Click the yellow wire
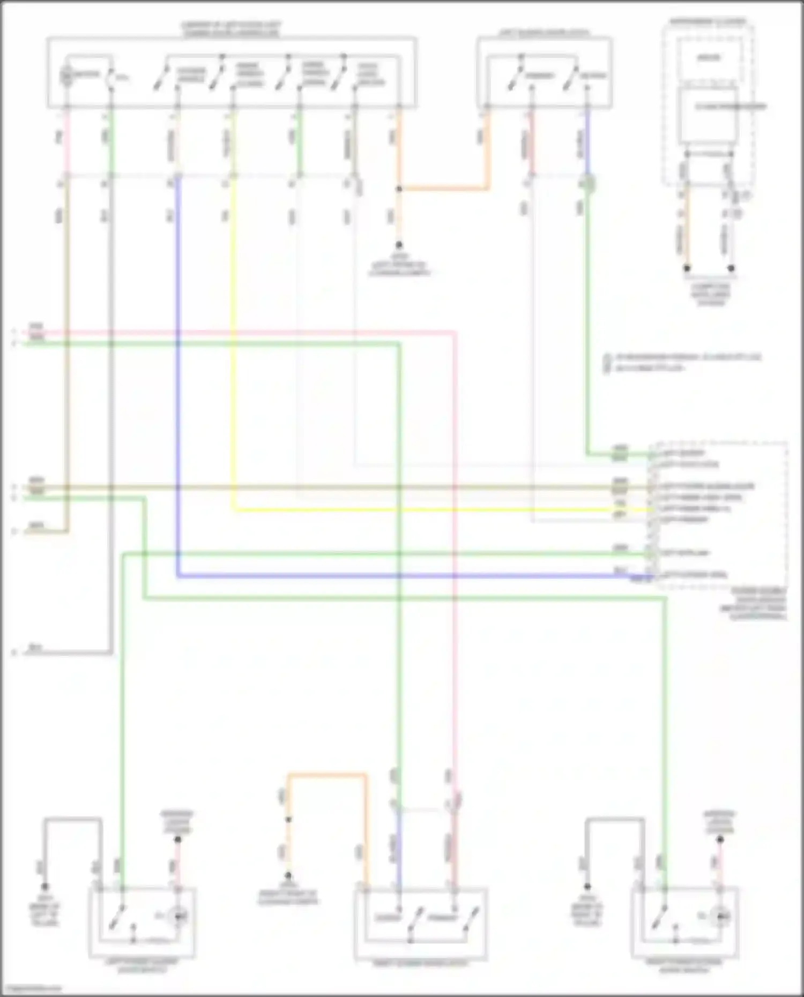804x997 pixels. click(233, 348)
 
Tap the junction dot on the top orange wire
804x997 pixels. click(399, 189)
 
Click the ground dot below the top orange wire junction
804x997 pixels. click(399, 245)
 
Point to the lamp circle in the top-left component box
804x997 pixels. click(66, 76)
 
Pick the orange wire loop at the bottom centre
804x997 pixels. click(327, 775)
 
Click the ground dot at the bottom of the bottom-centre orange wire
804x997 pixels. click(288, 875)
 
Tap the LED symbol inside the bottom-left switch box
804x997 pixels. click(178, 917)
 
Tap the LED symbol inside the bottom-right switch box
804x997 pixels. click(720, 917)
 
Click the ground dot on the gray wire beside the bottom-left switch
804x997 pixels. click(45, 887)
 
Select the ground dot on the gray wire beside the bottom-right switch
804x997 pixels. click(587, 887)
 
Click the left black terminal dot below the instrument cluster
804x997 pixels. click(687, 268)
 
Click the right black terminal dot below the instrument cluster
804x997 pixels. click(731, 268)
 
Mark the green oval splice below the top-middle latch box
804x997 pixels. click(589, 185)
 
